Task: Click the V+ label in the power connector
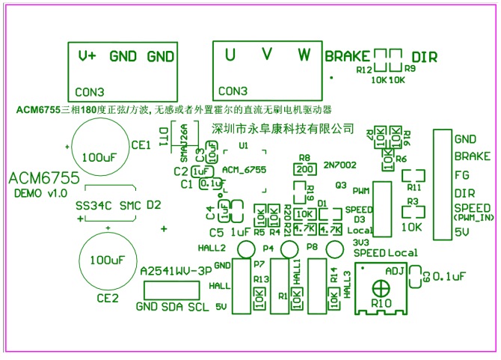tap(88, 56)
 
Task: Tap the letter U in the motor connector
tap(230, 55)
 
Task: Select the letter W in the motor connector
tap(304, 55)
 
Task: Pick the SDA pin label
tap(173, 307)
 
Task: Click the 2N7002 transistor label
tap(340, 164)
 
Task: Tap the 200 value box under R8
tap(304, 169)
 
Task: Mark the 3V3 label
tap(360, 242)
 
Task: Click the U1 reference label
tap(243, 146)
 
